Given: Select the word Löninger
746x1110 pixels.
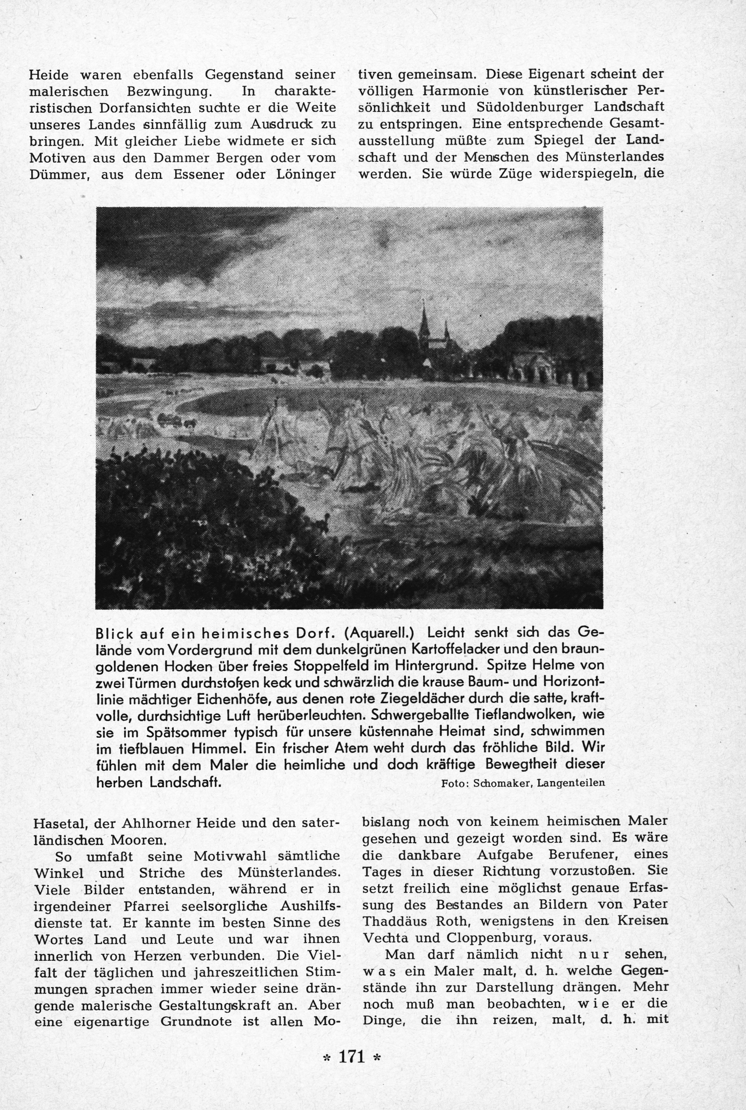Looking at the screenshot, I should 306,174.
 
